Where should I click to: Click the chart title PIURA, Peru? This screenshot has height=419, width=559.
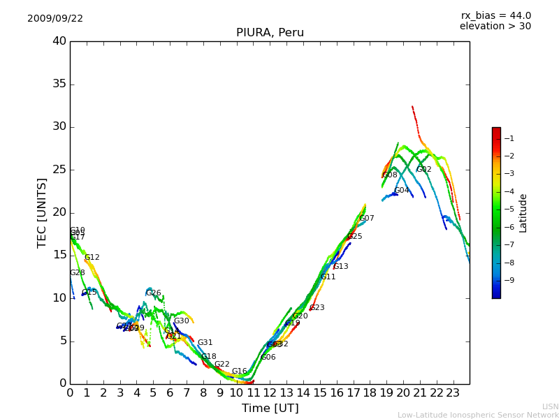[x=270, y=33]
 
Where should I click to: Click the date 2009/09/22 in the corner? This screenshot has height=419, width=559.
[x=55, y=19]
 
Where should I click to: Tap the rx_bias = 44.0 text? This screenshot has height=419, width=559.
[x=495, y=16]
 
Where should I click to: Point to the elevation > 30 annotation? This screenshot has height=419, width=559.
[x=495, y=27]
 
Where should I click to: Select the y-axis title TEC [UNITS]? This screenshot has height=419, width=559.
[x=42, y=212]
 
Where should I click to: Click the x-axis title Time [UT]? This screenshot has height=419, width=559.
[x=270, y=409]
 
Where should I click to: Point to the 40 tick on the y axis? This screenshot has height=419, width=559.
[x=59, y=41]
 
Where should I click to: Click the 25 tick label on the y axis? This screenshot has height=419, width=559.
[x=59, y=170]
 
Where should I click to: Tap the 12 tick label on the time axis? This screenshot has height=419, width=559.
[x=270, y=392]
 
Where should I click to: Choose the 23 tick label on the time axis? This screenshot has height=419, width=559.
[x=453, y=392]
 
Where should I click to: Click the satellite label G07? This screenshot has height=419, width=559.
[x=367, y=219]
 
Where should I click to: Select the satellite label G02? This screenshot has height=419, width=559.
[x=424, y=170]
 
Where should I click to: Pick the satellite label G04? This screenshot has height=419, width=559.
[x=402, y=191]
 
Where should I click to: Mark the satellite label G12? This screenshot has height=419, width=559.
[x=92, y=258]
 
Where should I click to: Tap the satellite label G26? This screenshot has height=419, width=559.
[x=154, y=293]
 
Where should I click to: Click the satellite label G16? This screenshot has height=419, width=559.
[x=240, y=372]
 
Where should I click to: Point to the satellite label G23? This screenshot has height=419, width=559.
[x=317, y=308]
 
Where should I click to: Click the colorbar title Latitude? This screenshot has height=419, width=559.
[x=523, y=213]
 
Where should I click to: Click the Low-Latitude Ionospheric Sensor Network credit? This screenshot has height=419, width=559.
[x=478, y=415]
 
